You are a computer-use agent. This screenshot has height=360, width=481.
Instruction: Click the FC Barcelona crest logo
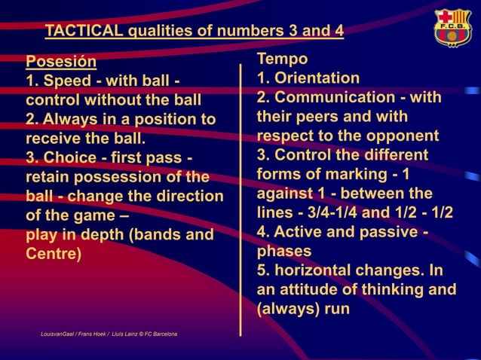[x=452, y=29]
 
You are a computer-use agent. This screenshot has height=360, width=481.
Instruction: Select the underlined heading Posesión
[x=61, y=61]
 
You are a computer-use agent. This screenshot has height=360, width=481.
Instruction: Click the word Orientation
[x=317, y=78]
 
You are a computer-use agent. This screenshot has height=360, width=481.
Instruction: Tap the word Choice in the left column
[x=70, y=158]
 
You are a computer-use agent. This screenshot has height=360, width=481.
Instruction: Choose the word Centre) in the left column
[x=54, y=254]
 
